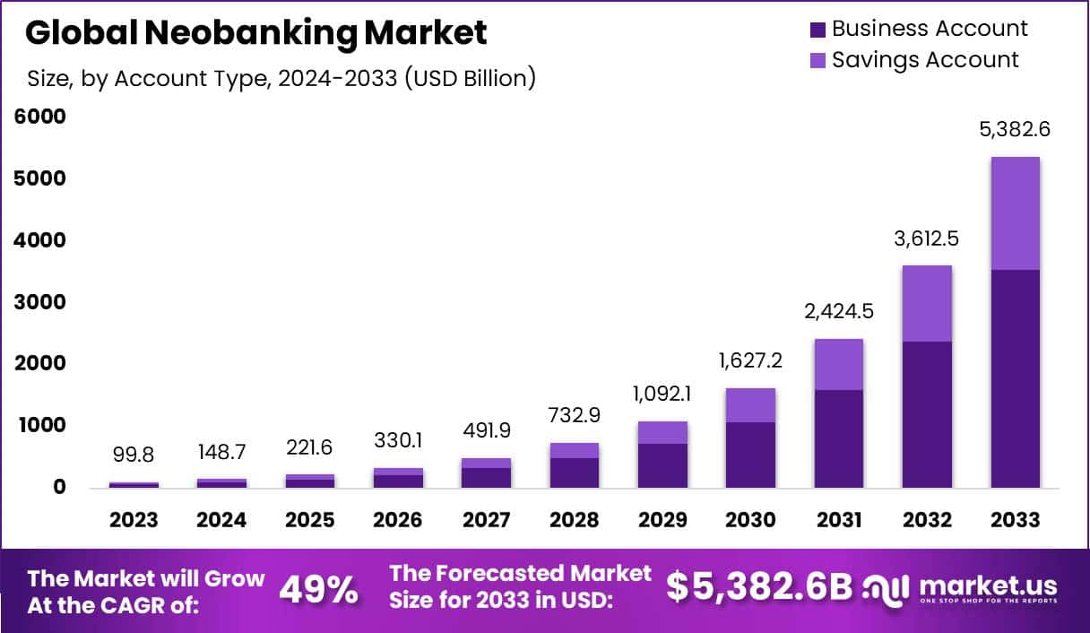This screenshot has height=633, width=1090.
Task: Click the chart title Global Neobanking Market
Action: pyautogui.click(x=255, y=32)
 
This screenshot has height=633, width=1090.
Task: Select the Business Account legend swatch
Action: pyautogui.click(x=817, y=30)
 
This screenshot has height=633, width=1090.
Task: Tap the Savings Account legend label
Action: pyautogui.click(x=925, y=60)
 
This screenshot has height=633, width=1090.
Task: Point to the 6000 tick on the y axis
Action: pyautogui.click(x=39, y=117)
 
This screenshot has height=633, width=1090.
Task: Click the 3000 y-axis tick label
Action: pyautogui.click(x=39, y=302)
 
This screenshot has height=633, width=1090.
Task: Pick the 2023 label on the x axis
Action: pyautogui.click(x=134, y=520)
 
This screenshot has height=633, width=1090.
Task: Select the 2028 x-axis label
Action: pyautogui.click(x=574, y=520)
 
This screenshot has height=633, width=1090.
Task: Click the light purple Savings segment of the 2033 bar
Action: pyautogui.click(x=1015, y=213)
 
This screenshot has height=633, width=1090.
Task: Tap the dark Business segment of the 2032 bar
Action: pyautogui.click(x=927, y=414)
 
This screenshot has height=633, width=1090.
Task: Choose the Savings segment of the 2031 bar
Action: pyautogui.click(x=839, y=364)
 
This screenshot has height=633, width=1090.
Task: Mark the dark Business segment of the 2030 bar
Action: pyautogui.click(x=750, y=455)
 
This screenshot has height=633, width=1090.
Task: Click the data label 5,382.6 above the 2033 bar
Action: pyautogui.click(x=1015, y=129)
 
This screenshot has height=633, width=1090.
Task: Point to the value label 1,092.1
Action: pyautogui.click(x=662, y=394)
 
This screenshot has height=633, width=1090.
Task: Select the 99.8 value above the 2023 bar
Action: pyautogui.click(x=134, y=455)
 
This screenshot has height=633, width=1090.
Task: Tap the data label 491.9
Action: pyautogui.click(x=486, y=430)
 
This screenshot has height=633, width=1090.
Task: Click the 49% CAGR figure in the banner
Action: pyautogui.click(x=319, y=590)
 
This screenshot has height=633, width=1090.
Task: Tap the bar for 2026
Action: pyautogui.click(x=398, y=478)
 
